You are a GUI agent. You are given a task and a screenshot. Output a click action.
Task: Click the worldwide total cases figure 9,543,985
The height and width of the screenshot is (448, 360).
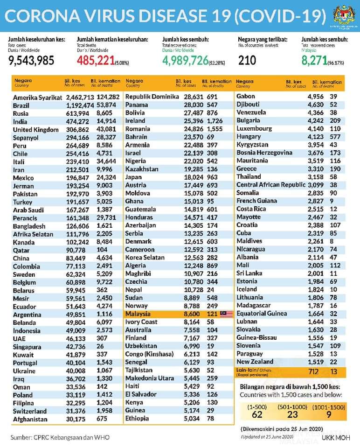[x=32, y=60]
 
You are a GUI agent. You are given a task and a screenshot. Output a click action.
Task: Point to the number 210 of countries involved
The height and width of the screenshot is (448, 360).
[x=247, y=60]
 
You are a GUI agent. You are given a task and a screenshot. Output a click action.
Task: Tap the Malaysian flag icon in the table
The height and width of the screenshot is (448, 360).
[x=226, y=314]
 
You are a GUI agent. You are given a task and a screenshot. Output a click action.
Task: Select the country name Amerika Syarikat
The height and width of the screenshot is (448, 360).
[x=37, y=97]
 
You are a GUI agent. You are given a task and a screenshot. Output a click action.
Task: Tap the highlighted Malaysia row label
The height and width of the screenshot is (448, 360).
[x=138, y=314]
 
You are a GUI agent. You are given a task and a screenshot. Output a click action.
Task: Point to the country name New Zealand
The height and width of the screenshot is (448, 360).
[x=255, y=362]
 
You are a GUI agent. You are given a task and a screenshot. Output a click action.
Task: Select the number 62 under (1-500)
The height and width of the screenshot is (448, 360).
[x=258, y=414]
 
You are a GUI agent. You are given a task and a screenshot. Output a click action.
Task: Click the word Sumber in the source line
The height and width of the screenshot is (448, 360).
[x=22, y=437]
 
